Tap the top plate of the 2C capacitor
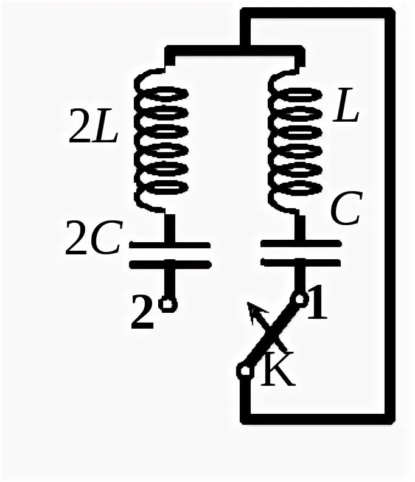pos(170,246)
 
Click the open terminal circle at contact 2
pos(170,304)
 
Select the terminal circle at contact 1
pos(300,299)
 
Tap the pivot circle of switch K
pos(245,370)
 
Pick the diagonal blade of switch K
pos(273,334)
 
